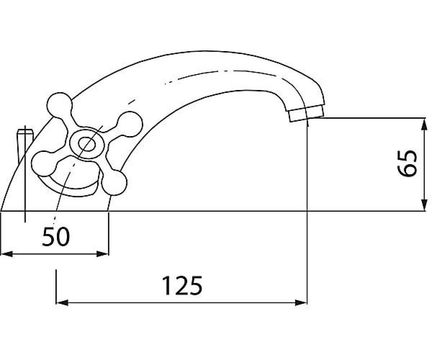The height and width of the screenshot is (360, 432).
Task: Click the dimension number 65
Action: tap(407, 163)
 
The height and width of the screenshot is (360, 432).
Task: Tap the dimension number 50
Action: tap(56, 237)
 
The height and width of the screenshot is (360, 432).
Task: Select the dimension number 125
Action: tap(182, 286)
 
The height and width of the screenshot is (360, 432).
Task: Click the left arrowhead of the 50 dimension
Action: tap(7, 254)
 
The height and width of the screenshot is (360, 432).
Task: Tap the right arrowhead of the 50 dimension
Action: tap(103, 254)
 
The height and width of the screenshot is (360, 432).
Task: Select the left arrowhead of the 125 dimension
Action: tap(62, 303)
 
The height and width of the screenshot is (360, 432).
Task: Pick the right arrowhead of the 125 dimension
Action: tap(301, 303)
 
